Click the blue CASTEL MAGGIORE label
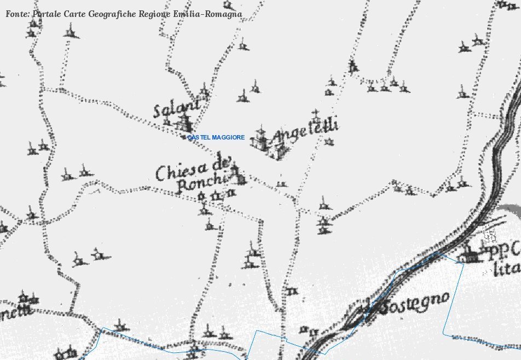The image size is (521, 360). [216, 137]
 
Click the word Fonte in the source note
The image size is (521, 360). [17, 14]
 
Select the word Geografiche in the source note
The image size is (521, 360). [112, 14]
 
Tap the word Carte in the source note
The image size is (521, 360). [74, 14]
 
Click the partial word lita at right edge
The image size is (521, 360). [504, 269]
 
